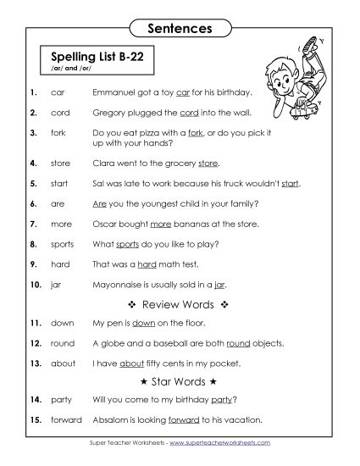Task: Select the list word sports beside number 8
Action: [62, 244]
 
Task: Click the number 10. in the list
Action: [35, 285]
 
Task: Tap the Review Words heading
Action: [178, 303]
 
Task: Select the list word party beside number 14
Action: [61, 400]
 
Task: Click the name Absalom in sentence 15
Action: [112, 420]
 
